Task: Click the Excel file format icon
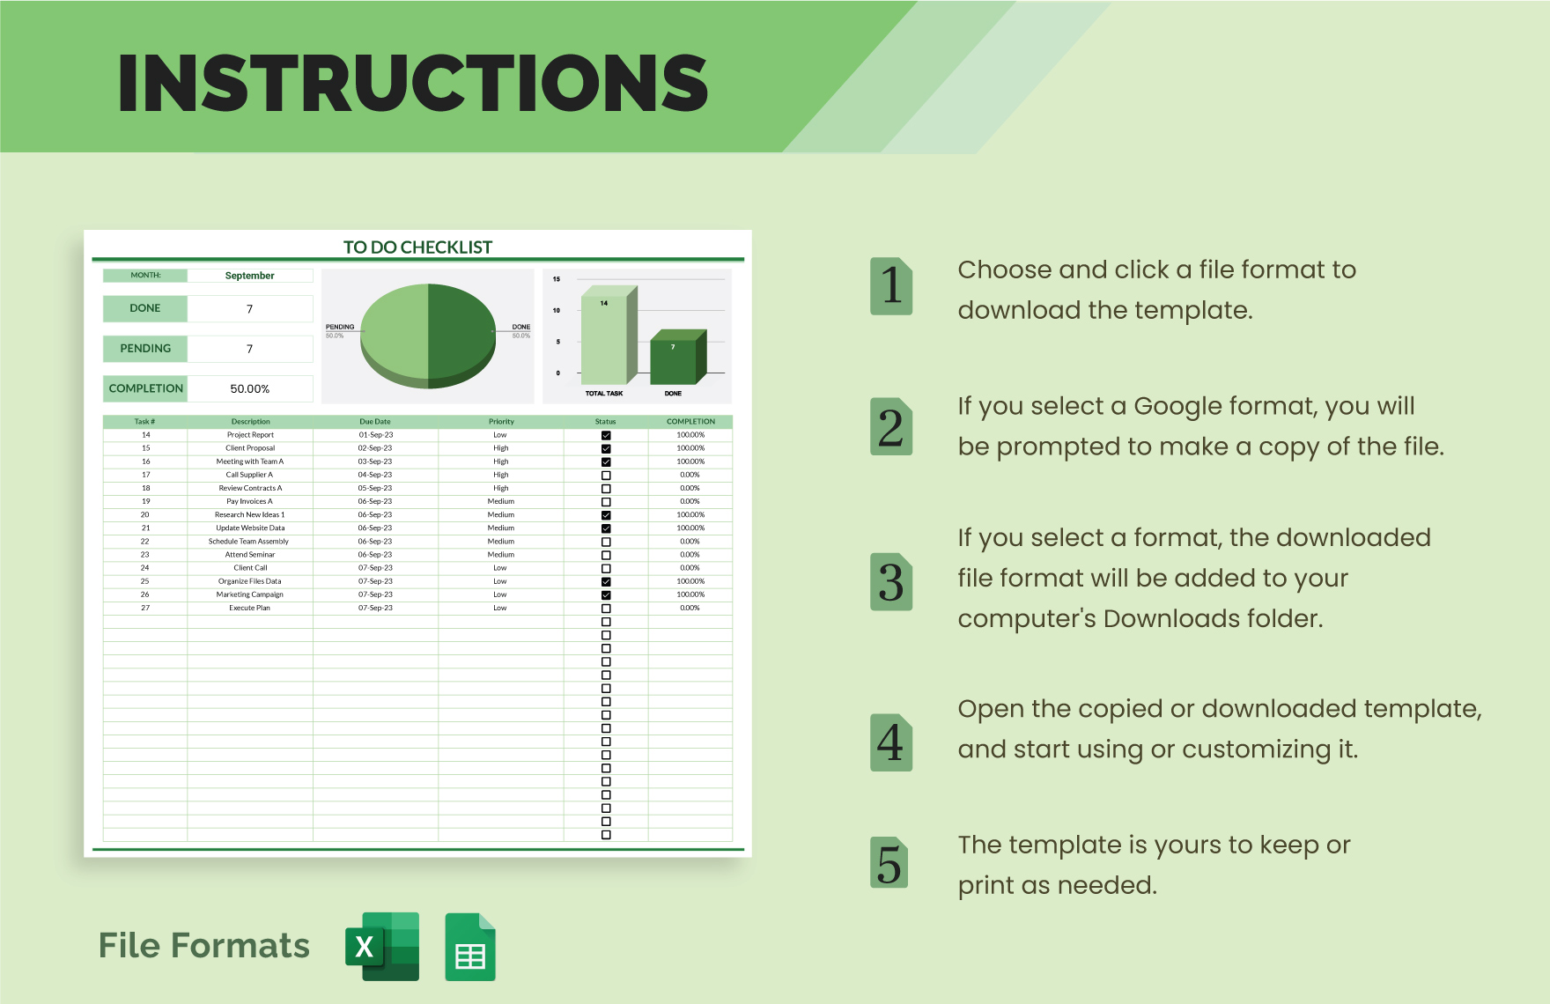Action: (382, 947)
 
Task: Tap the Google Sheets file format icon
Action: (470, 948)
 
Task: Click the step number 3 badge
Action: (891, 582)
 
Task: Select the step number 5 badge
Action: (890, 863)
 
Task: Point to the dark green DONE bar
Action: (675, 360)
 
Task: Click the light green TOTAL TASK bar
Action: (604, 339)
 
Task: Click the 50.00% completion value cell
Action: (250, 389)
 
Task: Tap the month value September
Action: (250, 276)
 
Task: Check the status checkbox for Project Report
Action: (606, 435)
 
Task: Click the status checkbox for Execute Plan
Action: (606, 609)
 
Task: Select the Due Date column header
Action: (375, 422)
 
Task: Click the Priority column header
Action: (501, 422)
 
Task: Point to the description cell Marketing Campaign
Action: (250, 594)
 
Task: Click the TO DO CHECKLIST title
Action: (417, 247)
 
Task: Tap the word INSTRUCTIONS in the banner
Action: (412, 83)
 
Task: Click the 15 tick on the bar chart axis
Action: (557, 279)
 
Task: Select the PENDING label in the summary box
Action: (145, 349)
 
